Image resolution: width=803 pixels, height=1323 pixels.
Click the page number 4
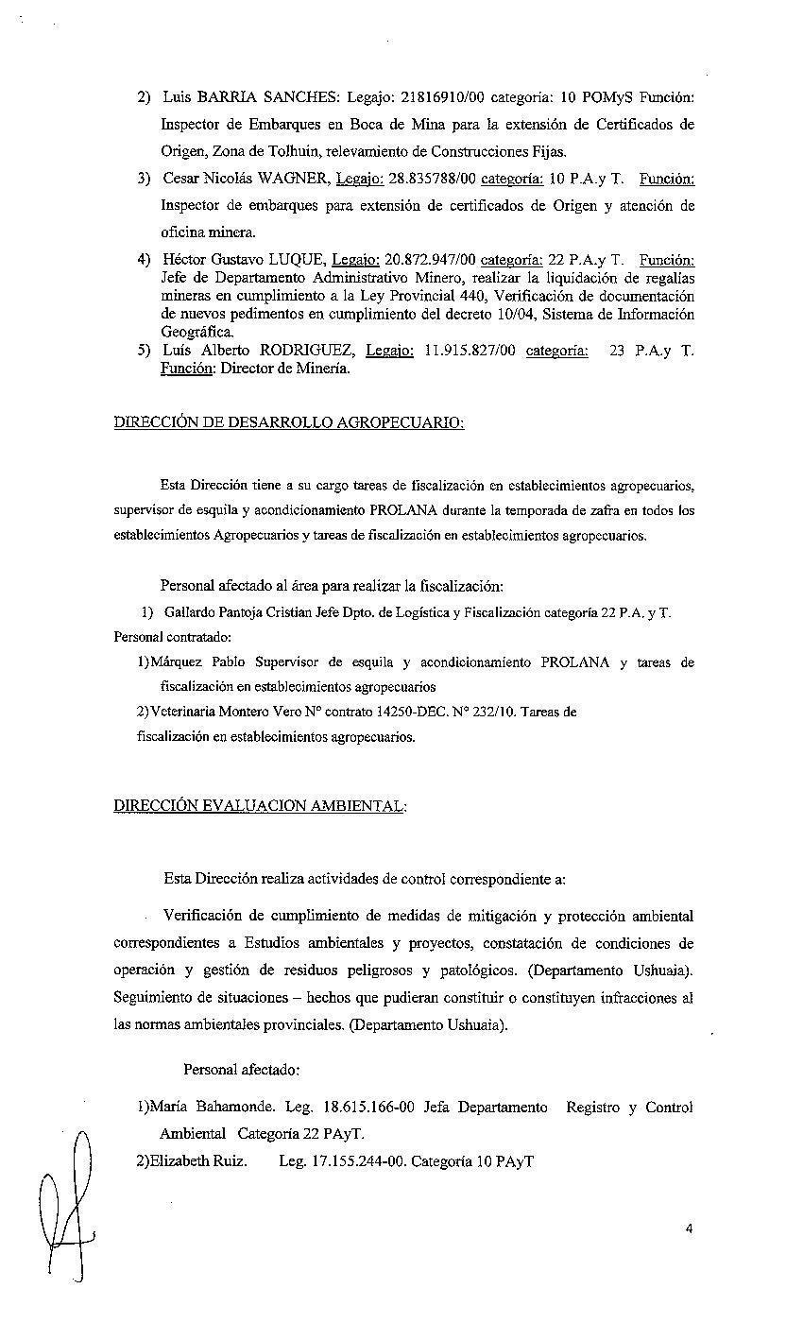(x=690, y=1228)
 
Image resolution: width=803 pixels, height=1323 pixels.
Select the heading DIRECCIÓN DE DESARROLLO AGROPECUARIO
(x=289, y=422)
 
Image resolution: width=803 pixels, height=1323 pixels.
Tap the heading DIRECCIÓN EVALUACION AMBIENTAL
(x=260, y=806)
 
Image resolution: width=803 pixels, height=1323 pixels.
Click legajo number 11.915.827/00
(x=470, y=351)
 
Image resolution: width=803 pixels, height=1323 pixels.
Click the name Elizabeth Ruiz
(x=198, y=1160)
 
